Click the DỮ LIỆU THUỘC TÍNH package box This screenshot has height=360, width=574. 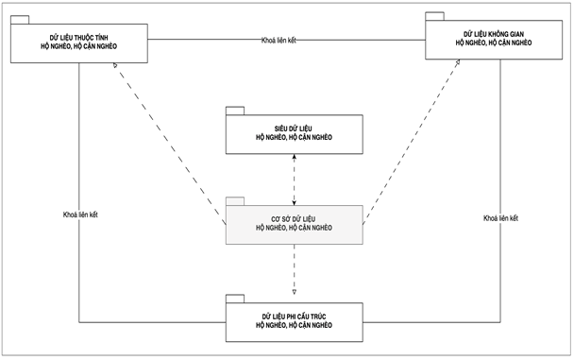pos(80,43)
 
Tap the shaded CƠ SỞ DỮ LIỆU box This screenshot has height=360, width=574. pos(294,224)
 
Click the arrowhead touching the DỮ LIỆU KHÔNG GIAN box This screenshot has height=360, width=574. pos(459,61)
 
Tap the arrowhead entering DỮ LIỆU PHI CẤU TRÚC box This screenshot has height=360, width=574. pos(295,291)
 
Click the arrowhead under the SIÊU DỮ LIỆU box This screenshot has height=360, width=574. pos(295,159)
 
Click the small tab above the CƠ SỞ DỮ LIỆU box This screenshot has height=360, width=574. pos(234,200)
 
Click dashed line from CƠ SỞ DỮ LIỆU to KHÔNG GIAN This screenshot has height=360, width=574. pos(411,142)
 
